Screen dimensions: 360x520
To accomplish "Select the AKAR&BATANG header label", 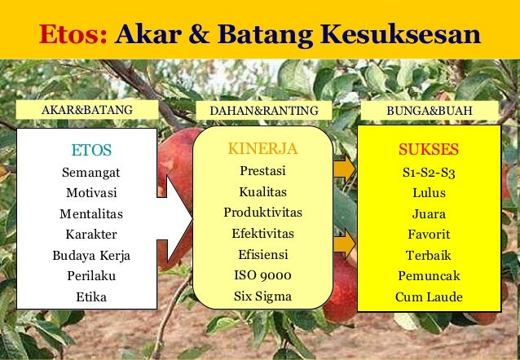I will coord(87,110).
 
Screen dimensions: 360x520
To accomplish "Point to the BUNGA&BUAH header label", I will coord(429,110).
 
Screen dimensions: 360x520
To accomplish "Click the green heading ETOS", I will coord(91,150).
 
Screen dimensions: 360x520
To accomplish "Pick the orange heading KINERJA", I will coord(262,149).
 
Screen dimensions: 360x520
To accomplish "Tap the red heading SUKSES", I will coord(429,150).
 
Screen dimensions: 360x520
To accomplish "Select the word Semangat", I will coord(91,173).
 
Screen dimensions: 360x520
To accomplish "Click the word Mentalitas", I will coord(91,214).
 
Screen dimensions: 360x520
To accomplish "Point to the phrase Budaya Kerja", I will coord(91,256).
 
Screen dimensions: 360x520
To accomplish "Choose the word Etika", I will coord(91,297).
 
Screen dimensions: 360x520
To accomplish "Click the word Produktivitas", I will coord(262,213).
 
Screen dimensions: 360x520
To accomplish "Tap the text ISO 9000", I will coord(262,275).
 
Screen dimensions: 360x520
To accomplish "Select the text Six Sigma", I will coord(262,296).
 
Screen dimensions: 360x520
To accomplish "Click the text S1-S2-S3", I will coord(429,173).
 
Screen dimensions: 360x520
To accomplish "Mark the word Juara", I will coord(429,214).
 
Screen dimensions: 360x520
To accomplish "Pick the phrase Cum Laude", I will coord(429,297).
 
